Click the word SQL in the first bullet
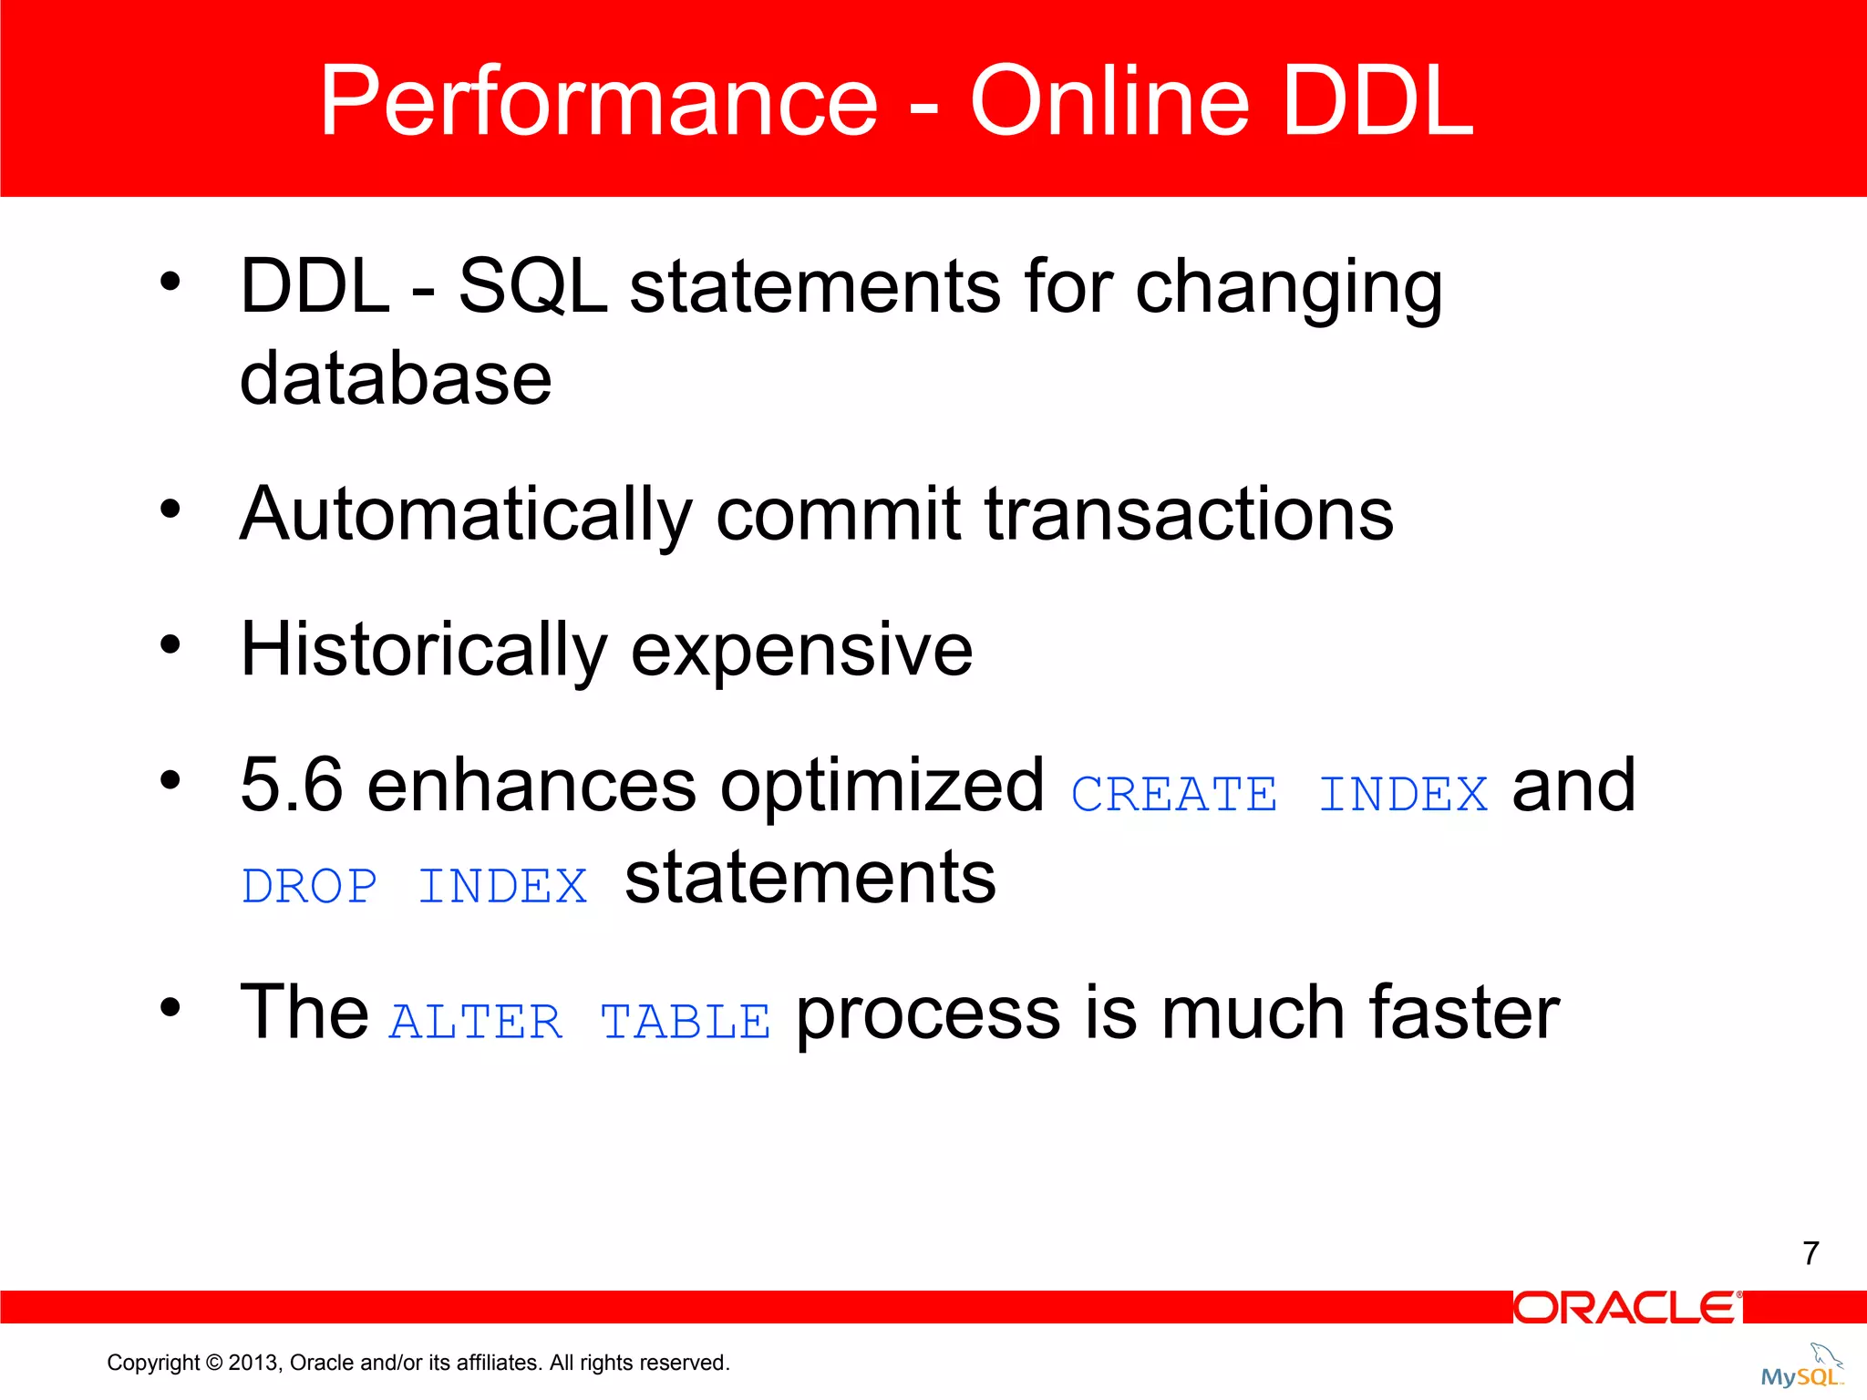532,286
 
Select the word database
396,378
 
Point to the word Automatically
465,515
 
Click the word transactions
1189,515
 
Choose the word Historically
423,650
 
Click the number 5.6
292,786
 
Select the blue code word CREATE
1174,794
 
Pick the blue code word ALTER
476,1022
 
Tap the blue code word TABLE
686,1022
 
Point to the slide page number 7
1810,1253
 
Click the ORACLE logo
1626,1308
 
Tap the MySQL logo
1801,1367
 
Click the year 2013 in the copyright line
253,1363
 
